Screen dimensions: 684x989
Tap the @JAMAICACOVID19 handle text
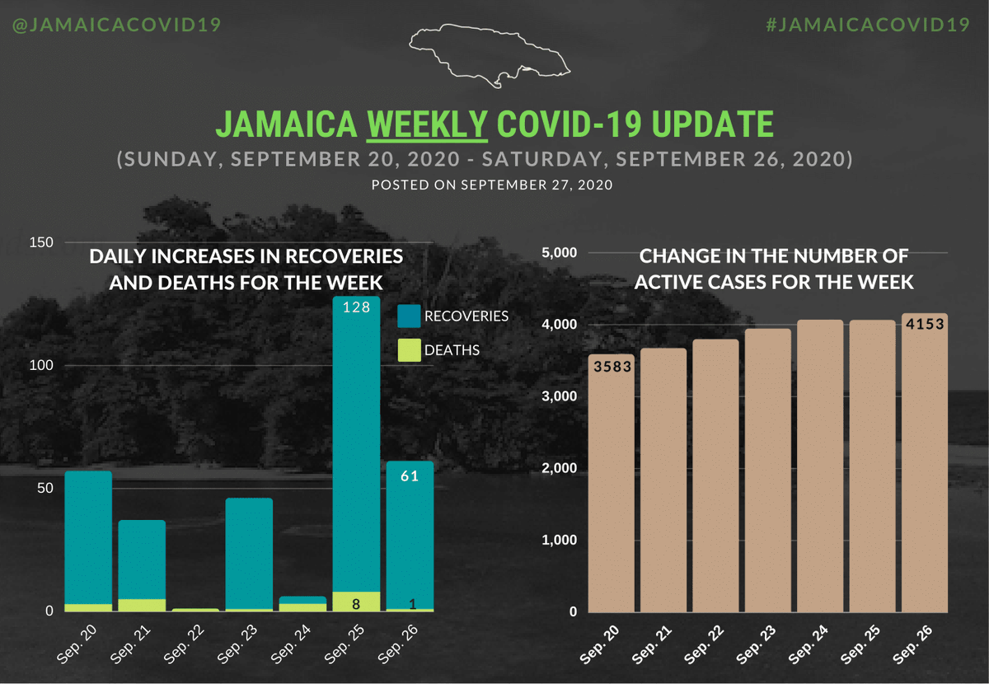116,24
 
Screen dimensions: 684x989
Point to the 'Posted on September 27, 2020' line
492,185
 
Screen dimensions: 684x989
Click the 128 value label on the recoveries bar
356,307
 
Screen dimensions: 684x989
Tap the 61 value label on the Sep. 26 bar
410,475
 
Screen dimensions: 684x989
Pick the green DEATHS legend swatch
409,350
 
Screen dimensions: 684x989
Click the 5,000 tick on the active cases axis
560,252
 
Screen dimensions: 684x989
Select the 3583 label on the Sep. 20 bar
612,367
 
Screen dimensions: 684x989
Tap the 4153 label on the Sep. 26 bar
924,324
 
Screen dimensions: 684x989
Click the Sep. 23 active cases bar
768,470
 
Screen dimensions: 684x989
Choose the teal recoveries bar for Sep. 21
142,560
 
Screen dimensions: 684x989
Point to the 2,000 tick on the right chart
560,468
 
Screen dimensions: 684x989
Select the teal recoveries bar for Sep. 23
249,553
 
